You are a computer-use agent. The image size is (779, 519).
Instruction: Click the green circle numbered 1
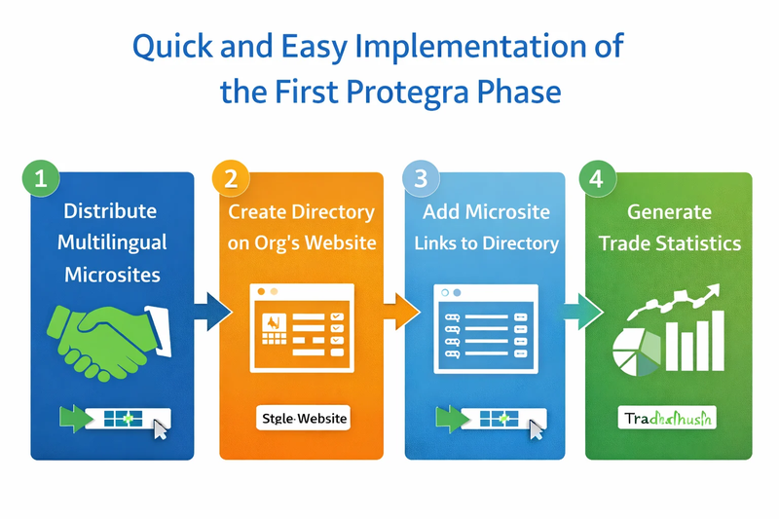click(40, 179)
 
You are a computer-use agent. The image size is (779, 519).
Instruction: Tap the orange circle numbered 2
click(231, 179)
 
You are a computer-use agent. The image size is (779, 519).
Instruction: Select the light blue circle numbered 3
click(421, 179)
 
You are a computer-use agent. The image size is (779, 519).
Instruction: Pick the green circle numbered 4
click(596, 179)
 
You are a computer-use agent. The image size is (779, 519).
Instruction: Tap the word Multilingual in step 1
click(111, 242)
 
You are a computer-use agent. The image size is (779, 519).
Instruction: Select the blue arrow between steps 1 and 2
click(212, 312)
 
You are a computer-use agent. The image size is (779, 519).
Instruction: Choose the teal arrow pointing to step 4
click(581, 312)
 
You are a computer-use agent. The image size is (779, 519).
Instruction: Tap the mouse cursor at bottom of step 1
click(160, 427)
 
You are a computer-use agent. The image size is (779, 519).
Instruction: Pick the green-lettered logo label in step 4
click(668, 419)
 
